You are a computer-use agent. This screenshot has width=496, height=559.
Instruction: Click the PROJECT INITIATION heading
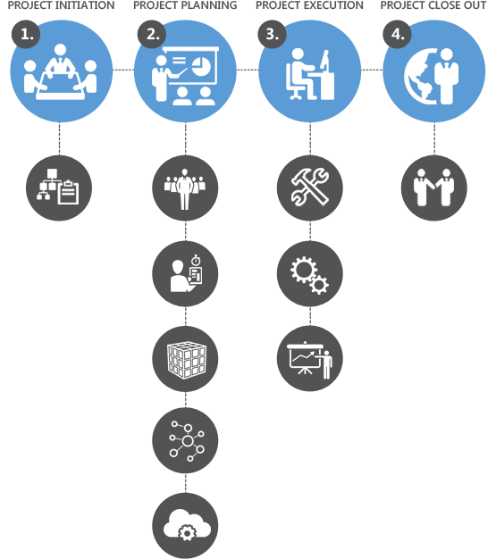(x=61, y=5)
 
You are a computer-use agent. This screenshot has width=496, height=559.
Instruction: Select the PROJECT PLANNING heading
(x=185, y=5)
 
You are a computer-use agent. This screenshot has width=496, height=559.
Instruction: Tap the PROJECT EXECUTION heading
(x=309, y=5)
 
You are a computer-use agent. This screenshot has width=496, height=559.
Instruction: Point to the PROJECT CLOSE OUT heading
(x=433, y=5)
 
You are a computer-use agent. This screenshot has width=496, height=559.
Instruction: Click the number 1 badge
(x=26, y=34)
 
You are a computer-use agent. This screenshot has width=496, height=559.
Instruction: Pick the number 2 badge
(x=151, y=34)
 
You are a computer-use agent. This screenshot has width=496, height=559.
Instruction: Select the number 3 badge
(x=272, y=34)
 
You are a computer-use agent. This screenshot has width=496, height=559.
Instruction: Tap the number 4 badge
(x=397, y=34)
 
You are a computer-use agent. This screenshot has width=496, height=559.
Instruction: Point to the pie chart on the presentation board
(x=201, y=66)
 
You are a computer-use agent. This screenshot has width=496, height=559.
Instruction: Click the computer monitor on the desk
(x=324, y=61)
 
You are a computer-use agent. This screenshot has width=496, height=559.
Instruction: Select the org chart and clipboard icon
(x=58, y=188)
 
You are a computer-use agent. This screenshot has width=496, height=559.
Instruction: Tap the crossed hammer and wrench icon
(x=310, y=188)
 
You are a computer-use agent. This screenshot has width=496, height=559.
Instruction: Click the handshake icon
(x=434, y=188)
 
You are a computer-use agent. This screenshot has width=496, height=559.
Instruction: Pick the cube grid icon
(x=186, y=360)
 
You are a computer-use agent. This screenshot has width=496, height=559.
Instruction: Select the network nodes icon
(x=187, y=441)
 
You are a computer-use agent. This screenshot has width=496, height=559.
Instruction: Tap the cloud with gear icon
(x=187, y=525)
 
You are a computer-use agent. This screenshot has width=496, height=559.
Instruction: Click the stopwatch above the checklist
(x=196, y=260)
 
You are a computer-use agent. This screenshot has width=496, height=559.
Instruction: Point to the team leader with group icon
(x=184, y=189)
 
